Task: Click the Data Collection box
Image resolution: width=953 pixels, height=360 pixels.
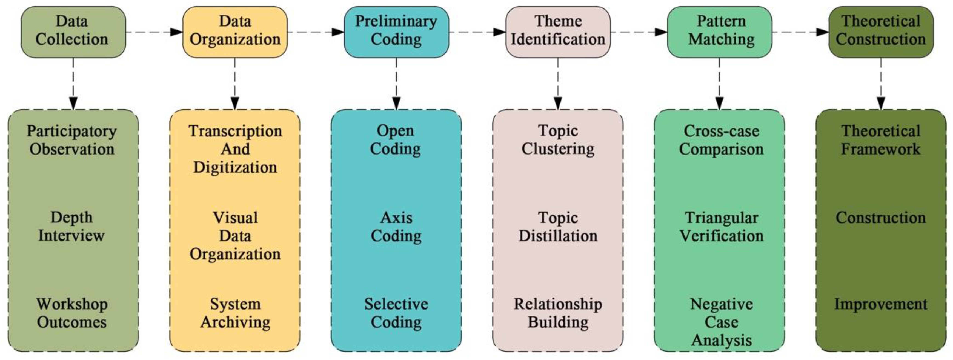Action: pos(73,32)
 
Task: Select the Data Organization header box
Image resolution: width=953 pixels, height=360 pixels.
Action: pos(235,32)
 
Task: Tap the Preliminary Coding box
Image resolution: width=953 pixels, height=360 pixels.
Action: pos(396,32)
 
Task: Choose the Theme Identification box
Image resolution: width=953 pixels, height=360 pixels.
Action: pos(558,32)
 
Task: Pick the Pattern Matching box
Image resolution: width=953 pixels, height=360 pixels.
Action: pos(720,32)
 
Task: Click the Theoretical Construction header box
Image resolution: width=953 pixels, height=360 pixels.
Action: pos(881,32)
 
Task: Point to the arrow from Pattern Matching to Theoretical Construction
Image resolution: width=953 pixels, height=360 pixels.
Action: pos(800,32)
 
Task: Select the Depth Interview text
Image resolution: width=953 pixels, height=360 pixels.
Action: pos(71,226)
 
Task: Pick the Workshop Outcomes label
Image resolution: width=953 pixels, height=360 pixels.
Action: pos(72,313)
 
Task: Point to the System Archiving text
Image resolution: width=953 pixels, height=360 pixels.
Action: pos(235,313)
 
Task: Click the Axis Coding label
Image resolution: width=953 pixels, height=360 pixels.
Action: pos(396,226)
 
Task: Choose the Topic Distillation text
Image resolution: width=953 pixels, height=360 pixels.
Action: pos(558,226)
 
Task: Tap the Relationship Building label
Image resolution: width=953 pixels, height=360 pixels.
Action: pos(558,313)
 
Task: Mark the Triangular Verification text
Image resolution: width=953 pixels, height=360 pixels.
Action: pos(722,226)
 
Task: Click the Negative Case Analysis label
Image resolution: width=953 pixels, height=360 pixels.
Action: pos(722,322)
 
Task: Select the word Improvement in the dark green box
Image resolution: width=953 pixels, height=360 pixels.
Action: pos(881,304)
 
